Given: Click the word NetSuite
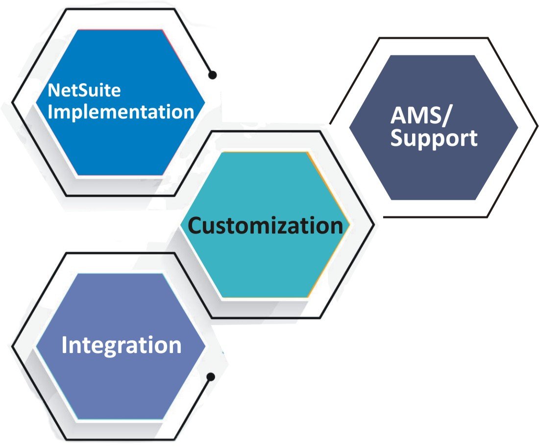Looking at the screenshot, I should click(84, 91).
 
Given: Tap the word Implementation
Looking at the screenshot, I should click(122, 112).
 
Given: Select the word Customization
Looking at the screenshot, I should click(265, 226).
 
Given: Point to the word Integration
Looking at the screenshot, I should click(121, 345).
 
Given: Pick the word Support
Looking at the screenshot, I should click(434, 139).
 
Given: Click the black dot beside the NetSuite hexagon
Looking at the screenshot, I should click(212, 75).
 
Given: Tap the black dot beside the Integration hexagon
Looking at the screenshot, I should click(211, 377).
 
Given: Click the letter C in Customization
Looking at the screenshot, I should click(197, 226).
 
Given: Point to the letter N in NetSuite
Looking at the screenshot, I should click(53, 90).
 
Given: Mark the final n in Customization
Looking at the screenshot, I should click(336, 226).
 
